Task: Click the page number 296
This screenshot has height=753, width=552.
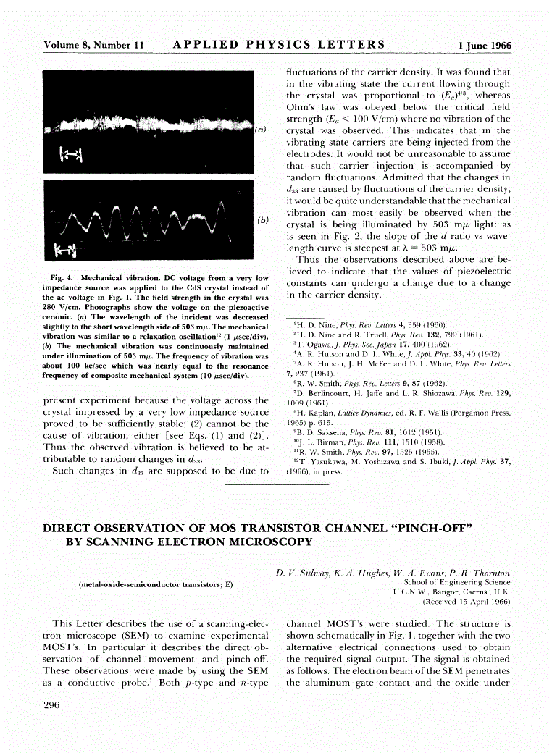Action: (52, 707)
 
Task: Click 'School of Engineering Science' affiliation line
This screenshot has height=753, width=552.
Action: (456, 582)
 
